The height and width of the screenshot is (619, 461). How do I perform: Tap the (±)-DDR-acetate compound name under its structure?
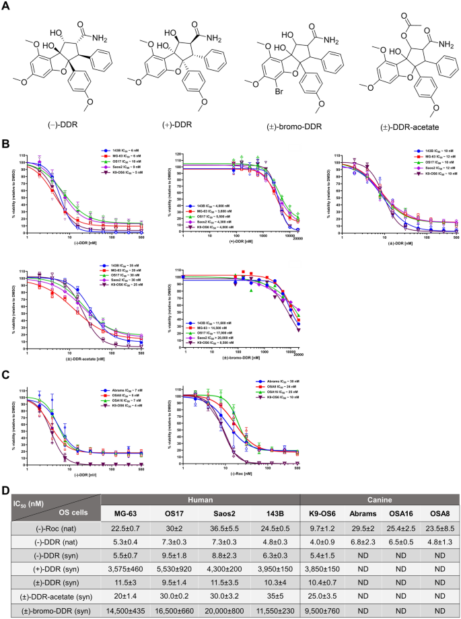(405, 129)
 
